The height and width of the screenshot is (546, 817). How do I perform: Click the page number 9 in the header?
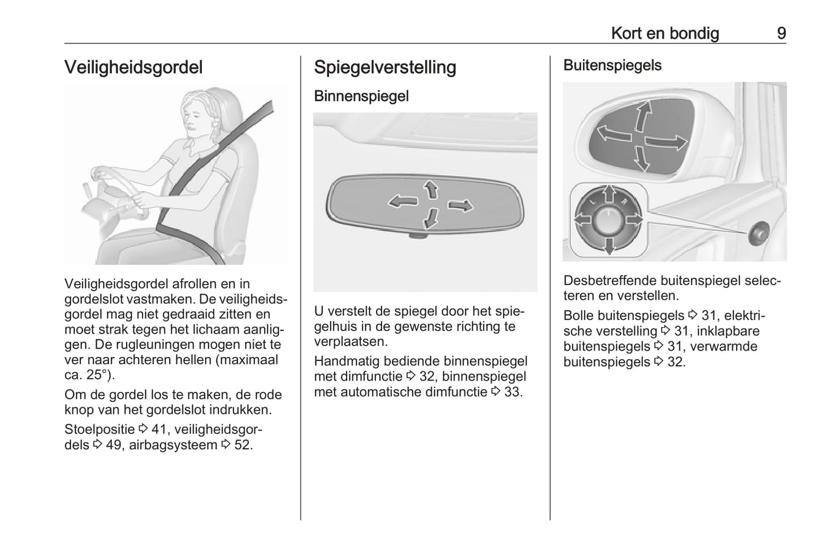coord(781,33)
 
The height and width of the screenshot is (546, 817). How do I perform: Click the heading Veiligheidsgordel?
coord(133,67)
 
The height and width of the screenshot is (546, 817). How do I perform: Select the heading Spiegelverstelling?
coord(384,67)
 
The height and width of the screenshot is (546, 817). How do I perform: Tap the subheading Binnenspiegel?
coord(361,96)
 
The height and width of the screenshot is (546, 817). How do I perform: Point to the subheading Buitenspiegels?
coord(612,66)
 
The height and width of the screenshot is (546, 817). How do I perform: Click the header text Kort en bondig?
coord(664,33)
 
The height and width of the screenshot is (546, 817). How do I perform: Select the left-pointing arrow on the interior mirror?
coord(402,200)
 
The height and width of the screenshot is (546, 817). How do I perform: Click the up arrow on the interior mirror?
coord(431,189)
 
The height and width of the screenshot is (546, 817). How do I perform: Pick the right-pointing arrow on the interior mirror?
coord(461,205)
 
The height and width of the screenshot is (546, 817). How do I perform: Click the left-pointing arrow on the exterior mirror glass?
coord(614,134)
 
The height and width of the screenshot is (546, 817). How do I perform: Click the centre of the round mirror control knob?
coord(608,220)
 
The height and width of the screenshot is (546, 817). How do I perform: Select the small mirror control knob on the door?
coord(758,233)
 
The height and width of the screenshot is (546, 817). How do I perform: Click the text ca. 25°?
coord(89,375)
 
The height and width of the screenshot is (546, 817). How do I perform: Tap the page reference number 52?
coord(243,445)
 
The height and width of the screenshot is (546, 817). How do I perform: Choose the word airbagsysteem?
coord(172,445)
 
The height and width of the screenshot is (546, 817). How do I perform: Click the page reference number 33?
coord(512,392)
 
